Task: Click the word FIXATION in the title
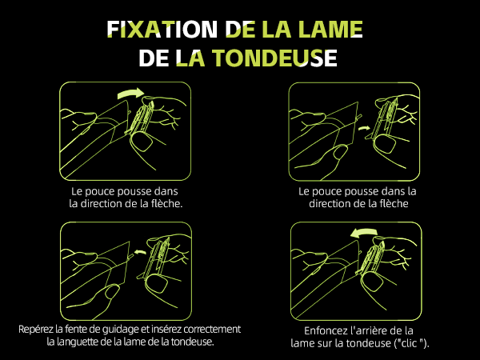pos(162,30)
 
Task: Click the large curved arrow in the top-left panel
pos(130,94)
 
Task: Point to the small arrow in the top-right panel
pos(364,128)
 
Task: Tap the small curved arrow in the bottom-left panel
pos(140,252)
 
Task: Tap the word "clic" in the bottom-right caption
pos(411,343)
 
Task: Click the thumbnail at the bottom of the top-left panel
pos(142,142)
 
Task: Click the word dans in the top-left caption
pos(166,191)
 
